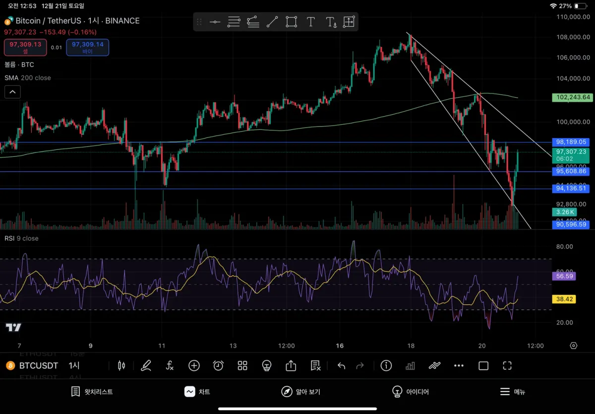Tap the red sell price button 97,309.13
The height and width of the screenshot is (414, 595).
point(25,47)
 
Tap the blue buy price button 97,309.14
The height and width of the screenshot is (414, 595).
point(87,47)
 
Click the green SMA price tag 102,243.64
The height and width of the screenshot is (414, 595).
point(571,97)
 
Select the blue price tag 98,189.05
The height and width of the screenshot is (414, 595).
point(571,142)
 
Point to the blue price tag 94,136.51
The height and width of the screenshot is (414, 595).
point(571,188)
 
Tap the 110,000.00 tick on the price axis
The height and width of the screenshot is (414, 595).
point(573,17)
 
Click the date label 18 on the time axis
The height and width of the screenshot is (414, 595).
point(411,345)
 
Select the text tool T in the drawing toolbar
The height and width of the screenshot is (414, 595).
point(311,22)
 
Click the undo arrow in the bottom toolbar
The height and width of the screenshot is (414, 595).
point(341,366)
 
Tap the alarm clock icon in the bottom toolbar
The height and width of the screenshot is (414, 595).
point(218,366)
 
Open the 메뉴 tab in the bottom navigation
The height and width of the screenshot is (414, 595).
point(512,392)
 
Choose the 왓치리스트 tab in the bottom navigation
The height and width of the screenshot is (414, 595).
point(92,392)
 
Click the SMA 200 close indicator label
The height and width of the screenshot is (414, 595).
point(28,78)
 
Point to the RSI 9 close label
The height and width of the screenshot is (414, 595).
point(21,238)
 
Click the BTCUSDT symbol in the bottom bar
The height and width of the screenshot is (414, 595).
point(38,366)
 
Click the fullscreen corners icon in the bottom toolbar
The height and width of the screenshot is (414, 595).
point(507,366)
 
